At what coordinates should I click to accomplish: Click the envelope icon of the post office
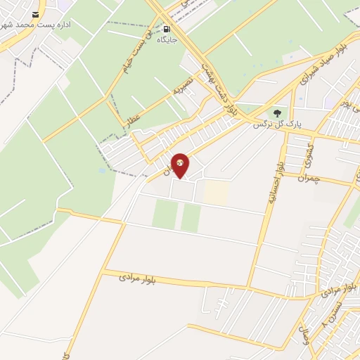click(x=35, y=15)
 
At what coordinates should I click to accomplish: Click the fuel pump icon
click(x=167, y=29)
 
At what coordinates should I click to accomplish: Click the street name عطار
click(x=134, y=121)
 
